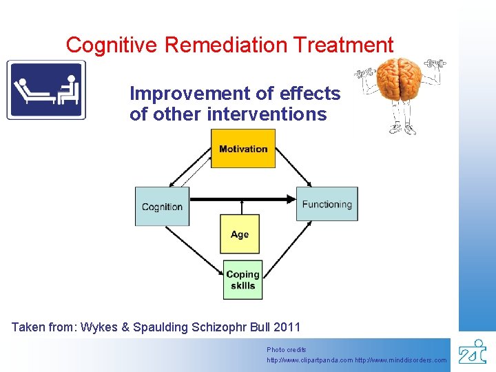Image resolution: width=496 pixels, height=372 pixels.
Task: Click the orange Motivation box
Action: pos(242,149)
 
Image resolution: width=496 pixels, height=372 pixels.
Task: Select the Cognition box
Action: pos(162,206)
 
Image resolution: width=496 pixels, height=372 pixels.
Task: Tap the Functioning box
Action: pos(327,204)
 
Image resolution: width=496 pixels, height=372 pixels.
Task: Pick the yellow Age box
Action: pos(240,234)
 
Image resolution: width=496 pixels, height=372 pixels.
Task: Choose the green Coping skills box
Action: pos(242,280)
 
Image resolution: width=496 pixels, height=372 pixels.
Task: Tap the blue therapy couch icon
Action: pos(46,90)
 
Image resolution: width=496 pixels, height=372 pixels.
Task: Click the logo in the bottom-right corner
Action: pos(473,351)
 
